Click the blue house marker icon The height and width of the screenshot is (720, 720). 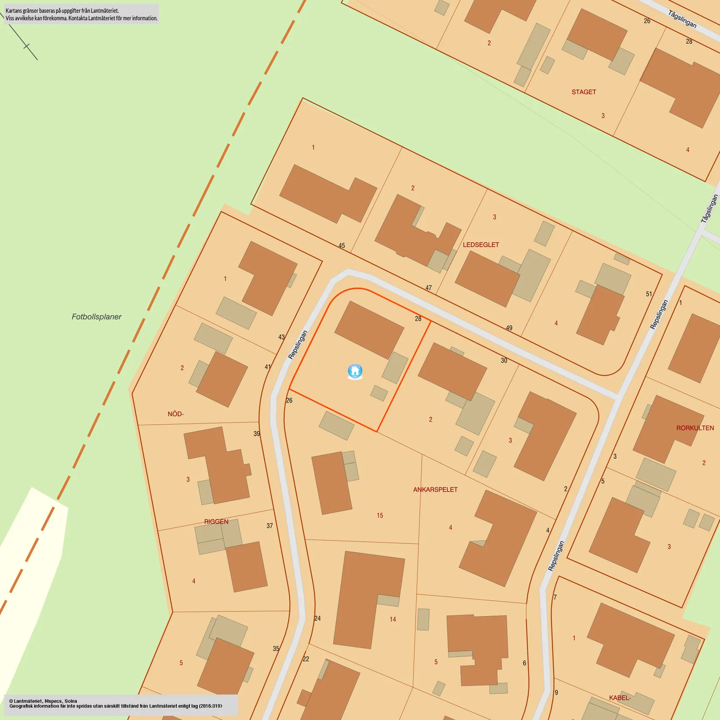tap(355, 371)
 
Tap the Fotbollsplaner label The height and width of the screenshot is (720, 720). tap(96, 317)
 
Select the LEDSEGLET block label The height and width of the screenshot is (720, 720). tap(481, 245)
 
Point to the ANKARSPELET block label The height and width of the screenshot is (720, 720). tap(435, 490)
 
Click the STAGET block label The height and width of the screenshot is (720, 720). tap(583, 92)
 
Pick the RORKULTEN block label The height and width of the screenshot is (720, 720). tap(695, 428)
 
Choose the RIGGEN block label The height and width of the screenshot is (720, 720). tap(216, 521)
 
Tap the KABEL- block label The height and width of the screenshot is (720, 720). tap(620, 698)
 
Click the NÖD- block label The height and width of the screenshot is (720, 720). tap(175, 414)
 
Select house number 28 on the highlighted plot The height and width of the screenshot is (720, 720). tap(418, 319)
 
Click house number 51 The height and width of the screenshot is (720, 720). tap(649, 294)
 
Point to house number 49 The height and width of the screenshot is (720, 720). tap(509, 328)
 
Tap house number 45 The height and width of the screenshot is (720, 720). tap(342, 246)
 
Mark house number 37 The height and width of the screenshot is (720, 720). tap(270, 526)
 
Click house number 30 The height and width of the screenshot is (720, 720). tap(504, 360)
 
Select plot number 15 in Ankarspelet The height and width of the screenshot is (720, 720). tap(380, 515)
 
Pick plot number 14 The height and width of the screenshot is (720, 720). tap(393, 619)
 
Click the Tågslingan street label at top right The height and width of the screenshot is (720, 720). tap(682, 19)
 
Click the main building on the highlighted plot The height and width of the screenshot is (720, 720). tap(369, 330)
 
